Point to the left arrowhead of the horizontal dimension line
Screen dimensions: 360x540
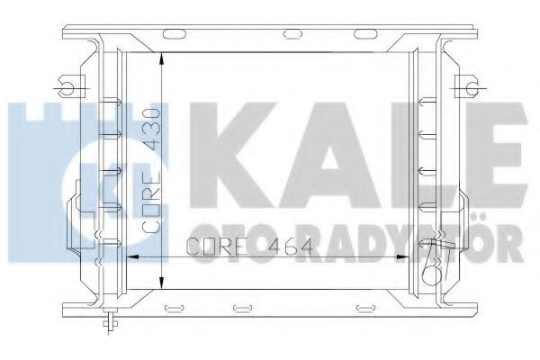tap(128, 256)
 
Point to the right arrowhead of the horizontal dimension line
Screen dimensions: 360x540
tap(409, 256)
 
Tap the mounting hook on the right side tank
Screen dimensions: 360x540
tap(467, 86)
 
